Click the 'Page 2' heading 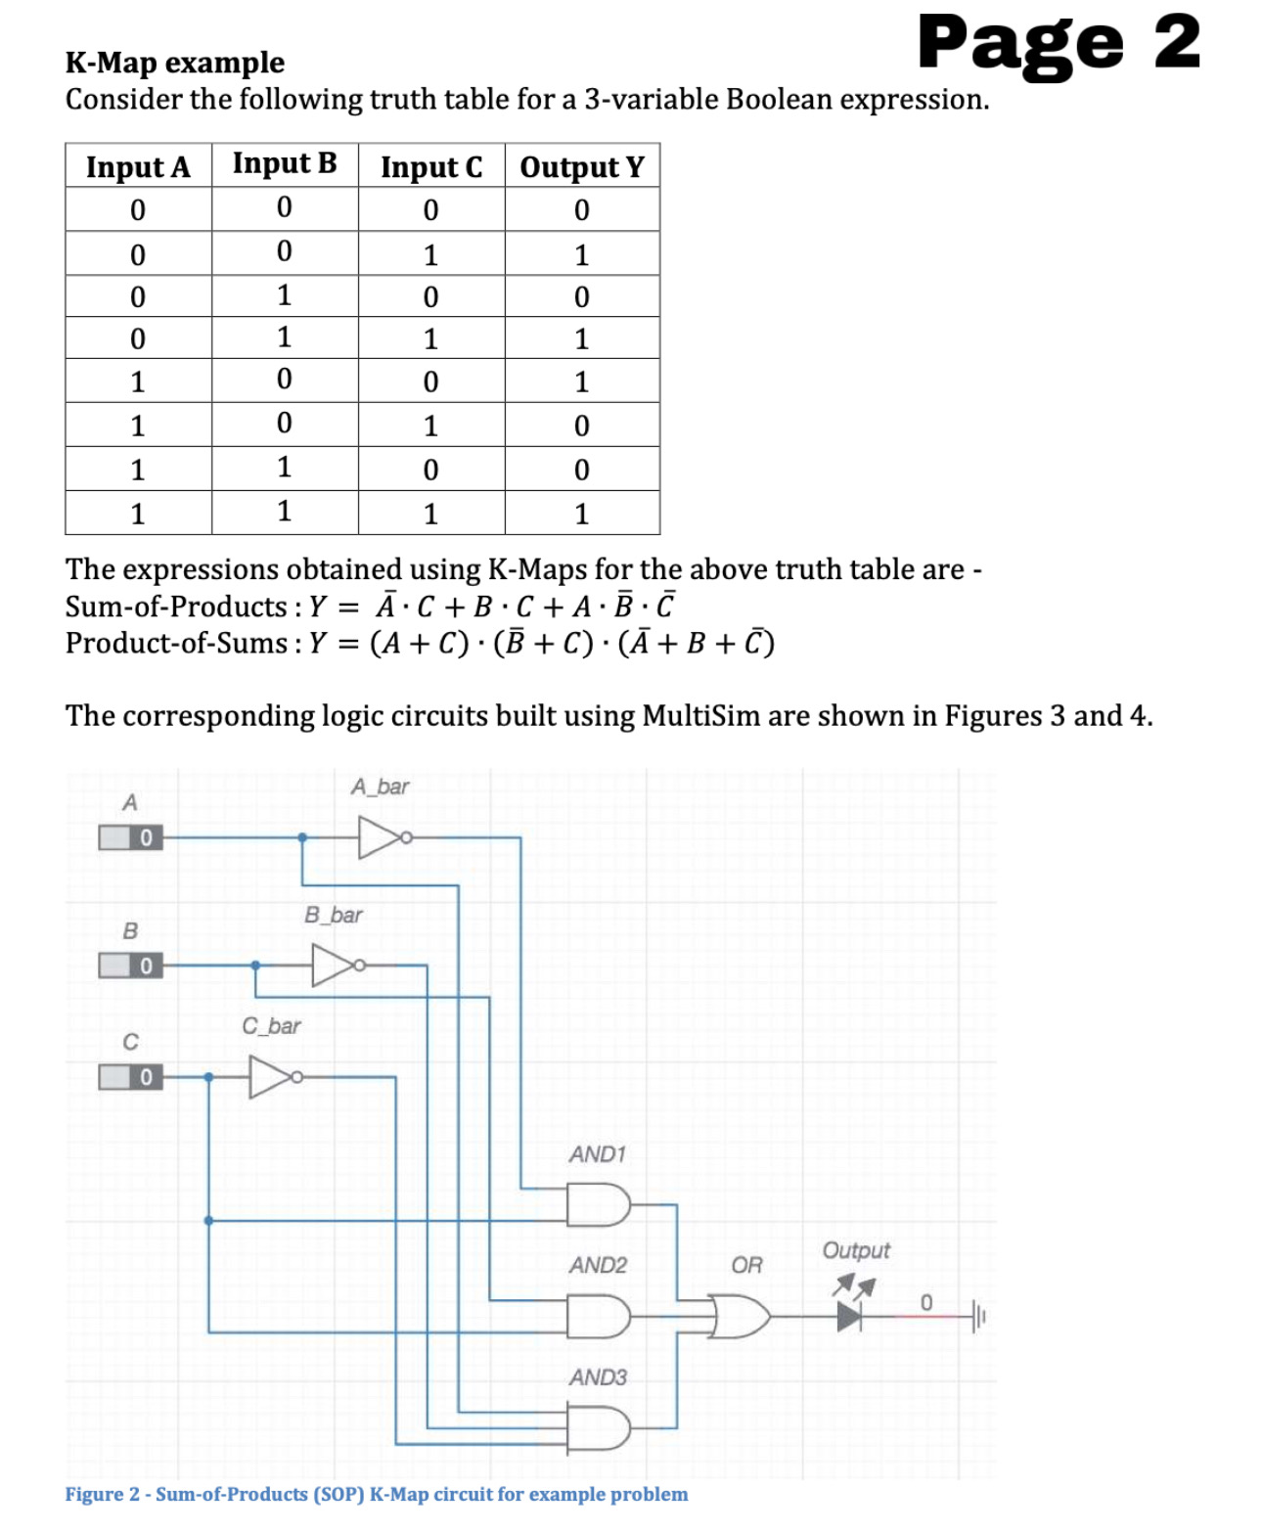coord(1059,44)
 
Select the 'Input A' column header coord(138,166)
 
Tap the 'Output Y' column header coord(582,166)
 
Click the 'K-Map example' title coord(175,63)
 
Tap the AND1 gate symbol coord(598,1205)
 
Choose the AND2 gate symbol coord(598,1317)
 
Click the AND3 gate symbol coord(598,1428)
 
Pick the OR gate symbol coord(742,1316)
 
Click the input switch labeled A coord(130,838)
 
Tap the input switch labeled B coord(130,967)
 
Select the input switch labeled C coord(130,1077)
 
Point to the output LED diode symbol coord(849,1316)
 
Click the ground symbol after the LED coord(977,1316)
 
